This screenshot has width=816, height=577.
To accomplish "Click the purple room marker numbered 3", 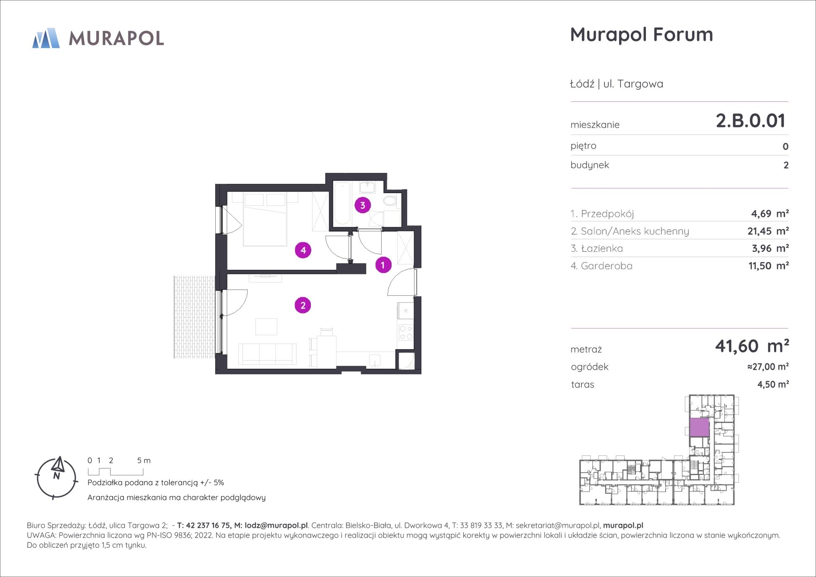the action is click(362, 205).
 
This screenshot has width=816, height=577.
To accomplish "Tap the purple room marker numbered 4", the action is click(303, 251).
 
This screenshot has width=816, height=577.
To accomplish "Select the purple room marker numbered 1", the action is click(383, 265).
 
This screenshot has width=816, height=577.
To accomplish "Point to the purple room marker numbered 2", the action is click(303, 305).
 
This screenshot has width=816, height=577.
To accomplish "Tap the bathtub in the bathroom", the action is click(343, 203).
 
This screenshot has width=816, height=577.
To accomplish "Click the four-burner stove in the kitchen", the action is click(405, 332).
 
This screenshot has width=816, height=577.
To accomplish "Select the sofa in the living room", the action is click(267, 354).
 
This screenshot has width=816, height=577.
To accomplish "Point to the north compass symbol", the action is click(57, 478).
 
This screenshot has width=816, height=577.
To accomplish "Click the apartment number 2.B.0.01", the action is click(750, 121).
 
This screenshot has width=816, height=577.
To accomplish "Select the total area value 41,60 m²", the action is click(752, 346).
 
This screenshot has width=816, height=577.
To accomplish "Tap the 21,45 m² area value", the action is click(768, 231).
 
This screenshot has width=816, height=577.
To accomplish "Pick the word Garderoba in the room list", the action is click(606, 266).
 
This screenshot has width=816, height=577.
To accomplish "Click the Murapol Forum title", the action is click(641, 34).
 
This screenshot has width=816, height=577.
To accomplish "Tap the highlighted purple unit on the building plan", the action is click(699, 427).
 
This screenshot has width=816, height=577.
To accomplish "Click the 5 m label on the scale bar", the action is click(144, 460).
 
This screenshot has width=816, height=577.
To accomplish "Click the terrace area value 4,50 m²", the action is click(773, 384).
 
